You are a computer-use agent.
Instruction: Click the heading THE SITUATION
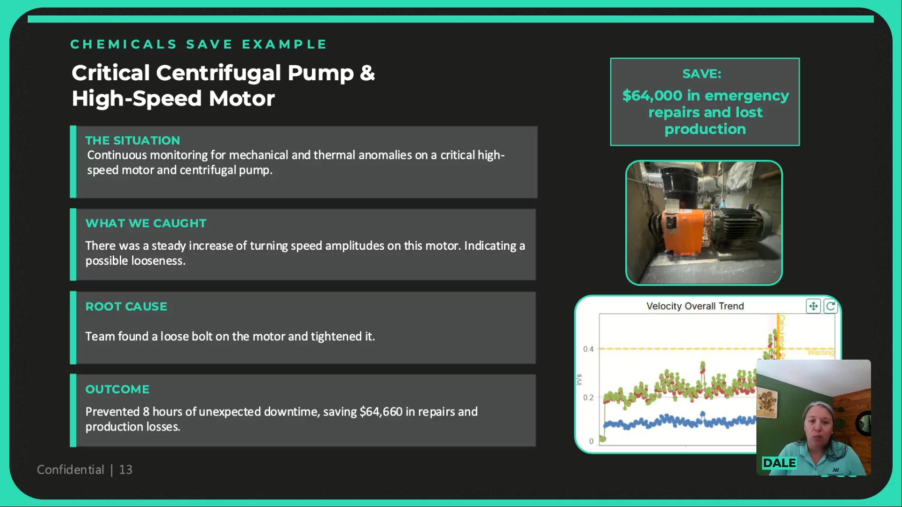(x=132, y=140)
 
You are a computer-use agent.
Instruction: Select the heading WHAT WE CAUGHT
(x=146, y=223)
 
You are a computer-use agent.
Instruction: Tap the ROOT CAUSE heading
(x=126, y=306)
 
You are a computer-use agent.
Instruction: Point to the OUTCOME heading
(x=117, y=389)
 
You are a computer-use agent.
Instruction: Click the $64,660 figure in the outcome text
(x=381, y=412)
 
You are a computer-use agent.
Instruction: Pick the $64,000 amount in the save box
(x=652, y=95)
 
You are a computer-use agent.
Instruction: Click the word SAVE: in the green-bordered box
(x=702, y=74)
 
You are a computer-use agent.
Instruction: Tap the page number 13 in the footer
(x=125, y=469)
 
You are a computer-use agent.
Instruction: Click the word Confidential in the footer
(x=70, y=469)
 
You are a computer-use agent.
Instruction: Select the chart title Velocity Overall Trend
(x=695, y=306)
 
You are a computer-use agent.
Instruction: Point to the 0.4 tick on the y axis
(x=588, y=349)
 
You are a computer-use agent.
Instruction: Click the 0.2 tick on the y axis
(x=588, y=397)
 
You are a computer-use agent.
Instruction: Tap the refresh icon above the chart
(x=831, y=306)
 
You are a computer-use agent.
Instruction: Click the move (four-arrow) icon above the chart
(x=813, y=306)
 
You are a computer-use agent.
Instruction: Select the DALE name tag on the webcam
(x=779, y=463)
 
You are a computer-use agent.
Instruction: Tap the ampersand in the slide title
(x=367, y=73)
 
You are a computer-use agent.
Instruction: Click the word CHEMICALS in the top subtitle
(x=124, y=44)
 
